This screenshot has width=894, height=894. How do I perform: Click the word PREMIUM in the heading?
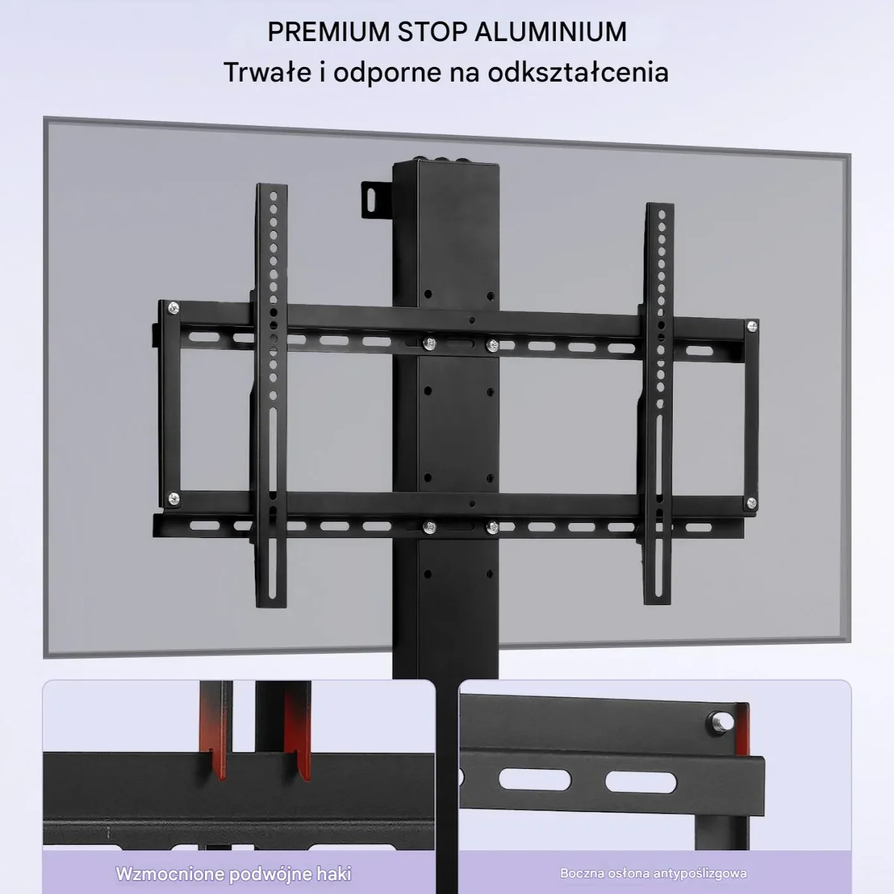(329, 32)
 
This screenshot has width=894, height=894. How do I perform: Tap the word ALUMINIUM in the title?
(551, 32)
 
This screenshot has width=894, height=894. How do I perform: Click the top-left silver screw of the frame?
(173, 307)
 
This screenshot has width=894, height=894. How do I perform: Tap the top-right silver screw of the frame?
(752, 327)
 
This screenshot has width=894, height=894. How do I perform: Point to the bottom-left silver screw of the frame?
(174, 499)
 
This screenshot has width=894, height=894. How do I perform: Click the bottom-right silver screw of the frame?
(752, 503)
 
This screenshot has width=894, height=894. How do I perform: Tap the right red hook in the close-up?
(298, 732)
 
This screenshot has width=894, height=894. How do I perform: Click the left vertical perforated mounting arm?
(271, 395)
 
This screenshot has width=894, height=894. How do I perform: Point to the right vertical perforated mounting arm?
(659, 403)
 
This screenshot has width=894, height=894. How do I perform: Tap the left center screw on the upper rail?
(430, 344)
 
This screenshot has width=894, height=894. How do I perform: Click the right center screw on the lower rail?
(493, 527)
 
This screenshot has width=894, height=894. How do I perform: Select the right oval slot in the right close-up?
(640, 782)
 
